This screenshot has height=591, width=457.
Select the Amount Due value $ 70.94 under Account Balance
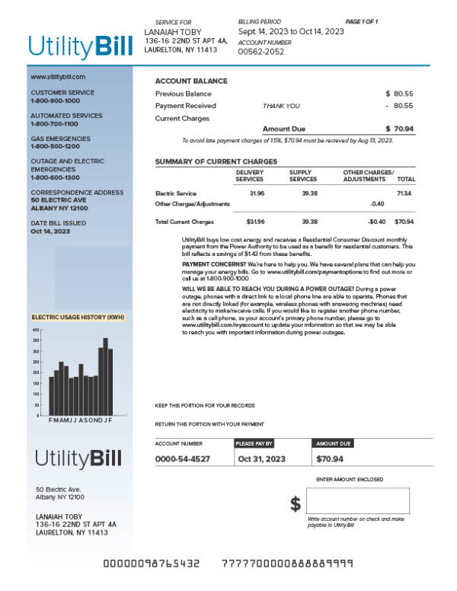(x=399, y=129)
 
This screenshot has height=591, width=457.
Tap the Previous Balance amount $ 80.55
(x=399, y=93)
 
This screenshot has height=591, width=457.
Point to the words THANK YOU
(x=281, y=106)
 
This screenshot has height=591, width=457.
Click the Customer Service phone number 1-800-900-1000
(x=55, y=101)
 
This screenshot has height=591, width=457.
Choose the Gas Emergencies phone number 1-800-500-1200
(x=55, y=146)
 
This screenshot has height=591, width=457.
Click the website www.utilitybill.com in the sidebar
(x=58, y=77)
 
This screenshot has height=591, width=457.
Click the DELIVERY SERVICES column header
(x=249, y=176)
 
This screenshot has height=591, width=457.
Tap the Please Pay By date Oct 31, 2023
(x=261, y=459)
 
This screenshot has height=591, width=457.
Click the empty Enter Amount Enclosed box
(x=358, y=501)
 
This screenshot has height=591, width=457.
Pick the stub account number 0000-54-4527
(x=183, y=459)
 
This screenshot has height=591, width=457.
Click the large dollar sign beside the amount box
(x=296, y=504)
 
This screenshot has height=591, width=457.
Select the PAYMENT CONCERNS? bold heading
(x=206, y=264)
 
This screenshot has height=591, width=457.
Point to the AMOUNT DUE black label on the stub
(x=334, y=442)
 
